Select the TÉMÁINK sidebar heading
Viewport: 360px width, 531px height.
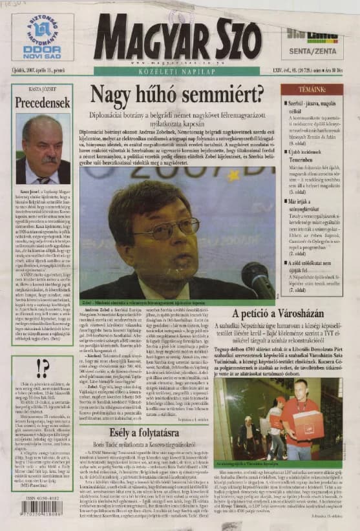311,88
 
